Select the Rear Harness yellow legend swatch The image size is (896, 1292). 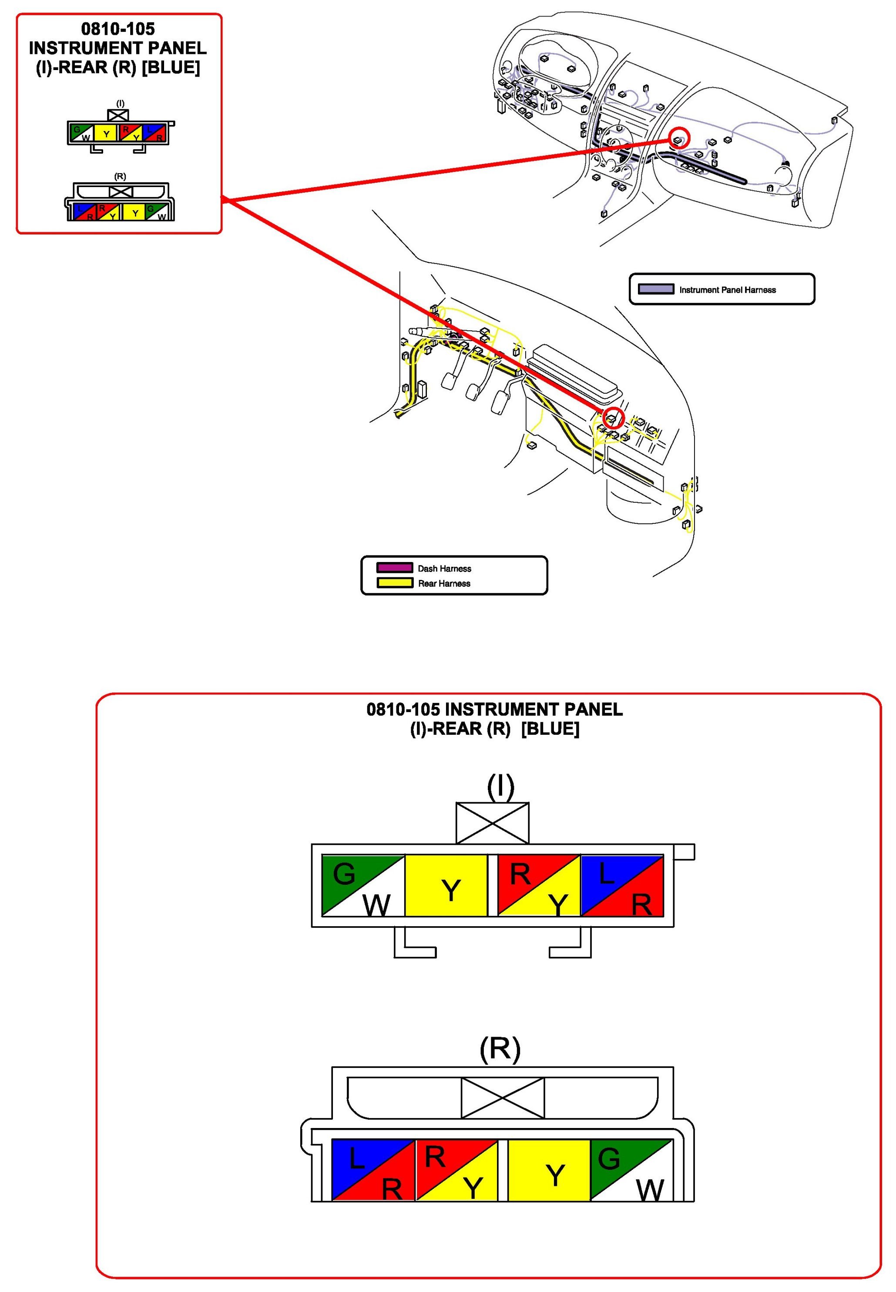point(394,582)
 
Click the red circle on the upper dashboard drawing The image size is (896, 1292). point(679,138)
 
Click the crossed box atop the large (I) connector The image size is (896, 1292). point(492,822)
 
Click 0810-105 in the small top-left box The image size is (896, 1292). point(118,29)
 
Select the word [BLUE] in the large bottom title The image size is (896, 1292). point(550,729)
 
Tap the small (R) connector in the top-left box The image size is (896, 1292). point(120,202)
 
